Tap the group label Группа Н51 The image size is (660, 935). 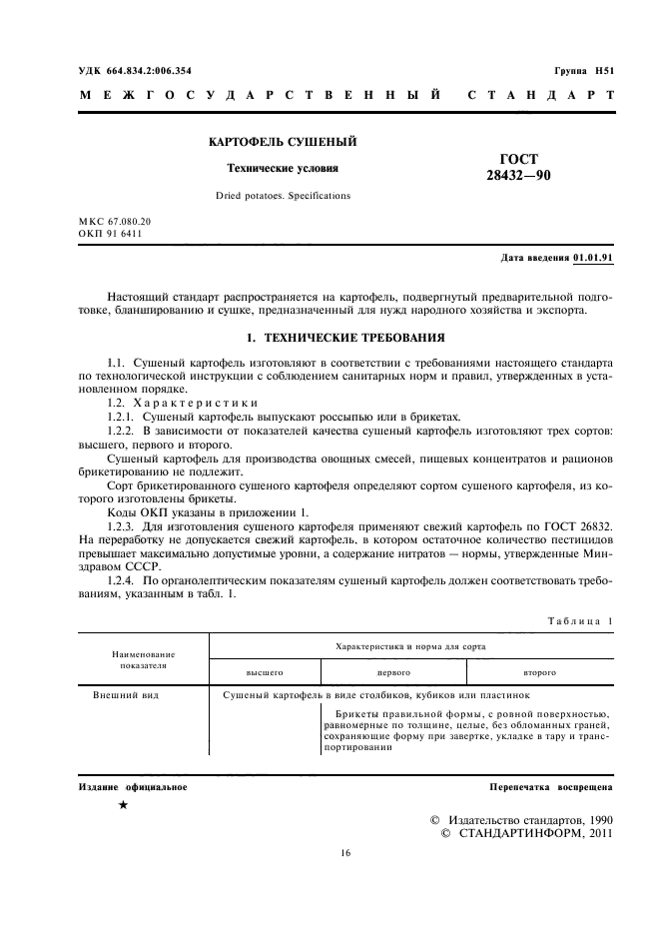(x=584, y=70)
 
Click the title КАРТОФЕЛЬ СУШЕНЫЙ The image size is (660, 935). (x=283, y=143)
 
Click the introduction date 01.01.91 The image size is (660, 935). (x=593, y=258)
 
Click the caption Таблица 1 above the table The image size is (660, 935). (x=580, y=620)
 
